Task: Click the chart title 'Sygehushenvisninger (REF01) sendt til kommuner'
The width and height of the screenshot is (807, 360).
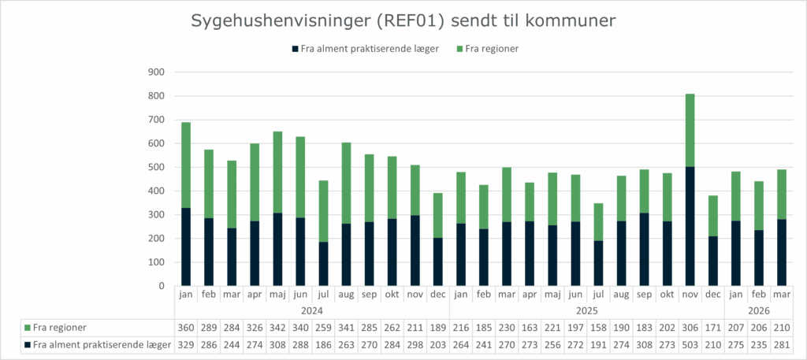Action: (x=403, y=21)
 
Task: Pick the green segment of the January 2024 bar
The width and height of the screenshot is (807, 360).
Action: (x=186, y=165)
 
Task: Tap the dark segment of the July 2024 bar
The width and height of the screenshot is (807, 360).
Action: (x=323, y=264)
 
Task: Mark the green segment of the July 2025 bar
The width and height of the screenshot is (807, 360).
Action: (x=598, y=221)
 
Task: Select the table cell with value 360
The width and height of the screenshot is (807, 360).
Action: (x=186, y=327)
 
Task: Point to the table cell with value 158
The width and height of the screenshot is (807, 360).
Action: (x=598, y=327)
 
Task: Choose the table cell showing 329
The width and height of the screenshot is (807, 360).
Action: (x=186, y=344)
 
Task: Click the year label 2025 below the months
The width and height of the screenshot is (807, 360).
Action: (x=587, y=310)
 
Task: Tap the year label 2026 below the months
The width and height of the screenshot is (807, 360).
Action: (x=758, y=310)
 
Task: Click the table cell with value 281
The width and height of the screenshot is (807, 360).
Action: (x=781, y=344)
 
